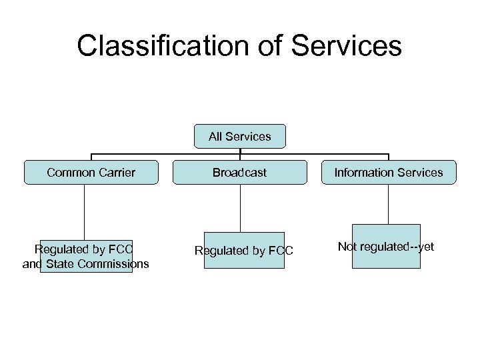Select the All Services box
(239, 136)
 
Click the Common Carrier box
(91, 173)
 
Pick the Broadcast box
(239, 173)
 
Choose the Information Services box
(388, 173)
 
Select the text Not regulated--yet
(386, 247)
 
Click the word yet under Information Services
(425, 247)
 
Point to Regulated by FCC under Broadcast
(243, 251)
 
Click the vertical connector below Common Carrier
(85, 210)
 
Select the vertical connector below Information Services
(388, 204)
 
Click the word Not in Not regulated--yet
(347, 247)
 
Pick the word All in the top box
(215, 136)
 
